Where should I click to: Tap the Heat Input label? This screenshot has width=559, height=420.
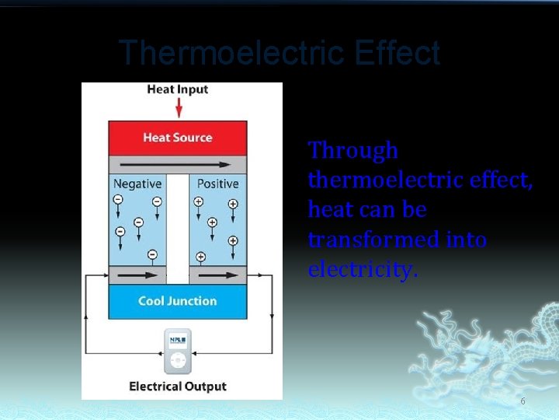click(x=178, y=89)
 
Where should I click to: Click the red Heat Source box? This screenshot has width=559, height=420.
click(x=178, y=138)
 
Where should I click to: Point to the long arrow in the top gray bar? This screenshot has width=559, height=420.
click(x=178, y=165)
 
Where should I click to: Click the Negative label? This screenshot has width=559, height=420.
click(x=137, y=184)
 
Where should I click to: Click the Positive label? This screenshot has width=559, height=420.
click(x=217, y=184)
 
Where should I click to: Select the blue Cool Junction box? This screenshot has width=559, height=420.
click(x=178, y=301)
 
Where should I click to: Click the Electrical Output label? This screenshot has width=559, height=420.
click(x=178, y=387)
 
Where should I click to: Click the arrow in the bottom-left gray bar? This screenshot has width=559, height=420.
click(x=137, y=275)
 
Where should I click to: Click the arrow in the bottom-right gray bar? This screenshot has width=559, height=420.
click(x=217, y=275)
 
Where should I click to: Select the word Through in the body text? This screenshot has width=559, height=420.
click(x=353, y=150)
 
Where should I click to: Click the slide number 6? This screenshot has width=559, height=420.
click(x=523, y=401)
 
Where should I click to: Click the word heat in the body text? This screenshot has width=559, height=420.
click(x=328, y=210)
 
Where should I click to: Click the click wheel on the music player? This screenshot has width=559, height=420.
click(x=178, y=361)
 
